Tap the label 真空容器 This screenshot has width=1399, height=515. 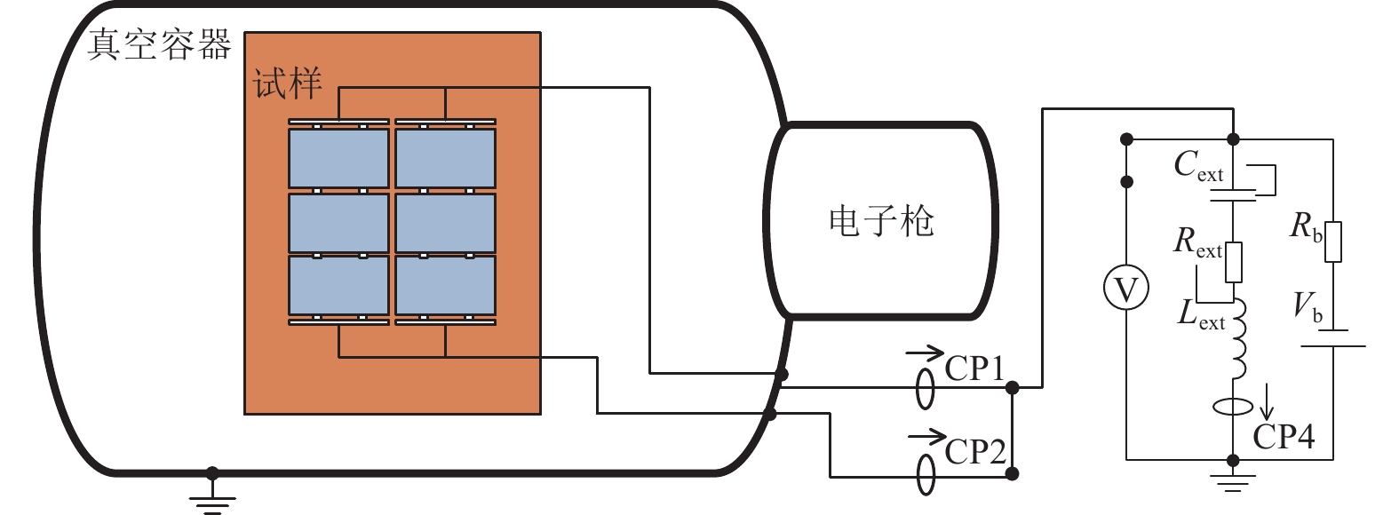coord(159,44)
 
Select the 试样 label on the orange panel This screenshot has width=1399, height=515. coord(287,83)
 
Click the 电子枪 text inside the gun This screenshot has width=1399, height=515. coord(881,222)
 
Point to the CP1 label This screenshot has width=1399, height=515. coord(974,368)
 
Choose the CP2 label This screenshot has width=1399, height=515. coord(975,451)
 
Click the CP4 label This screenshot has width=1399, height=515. coord(1284,436)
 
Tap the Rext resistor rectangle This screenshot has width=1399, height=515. coord(1234,262)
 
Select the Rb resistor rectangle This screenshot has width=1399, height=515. coord(1333,242)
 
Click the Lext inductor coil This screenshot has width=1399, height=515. coord(1238,339)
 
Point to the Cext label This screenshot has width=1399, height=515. coord(1198,167)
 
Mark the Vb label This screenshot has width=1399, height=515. coord(1308,308)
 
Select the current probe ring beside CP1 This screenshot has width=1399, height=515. coord(925,388)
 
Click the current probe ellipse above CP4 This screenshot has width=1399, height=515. coord(1233,407)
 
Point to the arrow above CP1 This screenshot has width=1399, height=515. coord(925,353)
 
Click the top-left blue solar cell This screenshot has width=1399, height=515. coord(338,157)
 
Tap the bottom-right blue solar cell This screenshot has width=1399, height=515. coord(445,285)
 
